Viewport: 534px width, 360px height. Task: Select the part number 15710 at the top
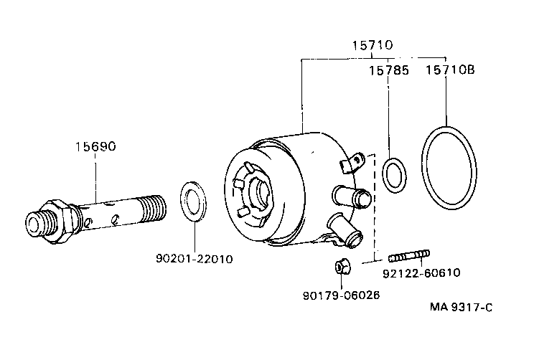click(x=372, y=44)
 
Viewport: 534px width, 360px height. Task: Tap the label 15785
click(x=389, y=70)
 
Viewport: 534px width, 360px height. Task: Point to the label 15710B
click(x=450, y=70)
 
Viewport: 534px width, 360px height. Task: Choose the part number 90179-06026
click(x=342, y=295)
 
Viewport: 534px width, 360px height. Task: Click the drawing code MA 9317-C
click(x=462, y=308)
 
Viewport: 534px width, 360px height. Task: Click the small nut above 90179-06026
click(x=341, y=266)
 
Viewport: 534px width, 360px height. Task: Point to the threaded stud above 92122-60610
click(x=409, y=255)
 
